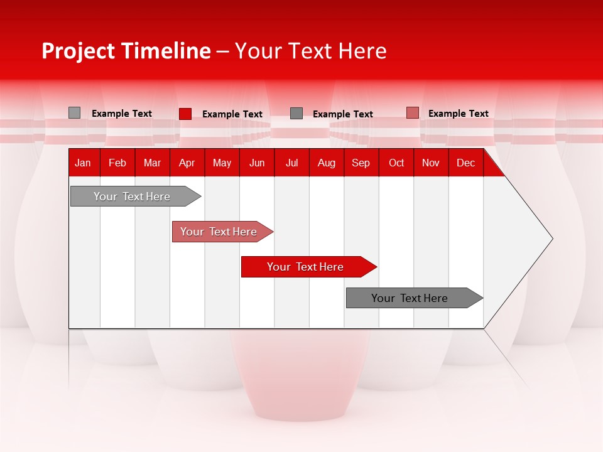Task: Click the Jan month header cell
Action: coord(83,163)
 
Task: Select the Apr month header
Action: coord(187,163)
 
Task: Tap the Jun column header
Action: coord(257,163)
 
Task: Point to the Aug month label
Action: coord(326,163)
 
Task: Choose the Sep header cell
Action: coord(361,163)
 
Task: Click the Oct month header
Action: coord(396,163)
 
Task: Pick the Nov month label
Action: coord(431,163)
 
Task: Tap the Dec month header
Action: coord(465,163)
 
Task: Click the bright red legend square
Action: coord(185,114)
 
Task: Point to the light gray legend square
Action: coord(75,113)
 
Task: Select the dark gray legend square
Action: coord(296,114)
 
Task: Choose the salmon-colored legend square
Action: coord(412,113)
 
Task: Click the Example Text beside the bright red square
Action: coord(232,114)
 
